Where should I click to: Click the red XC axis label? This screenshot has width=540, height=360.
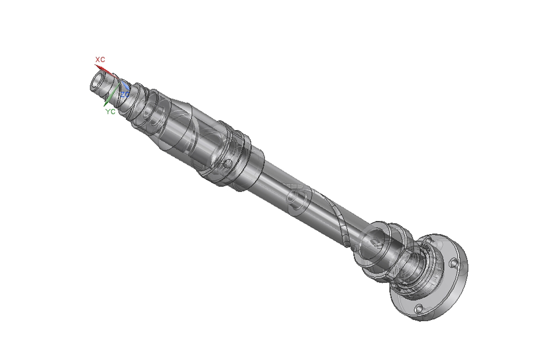coord(100,59)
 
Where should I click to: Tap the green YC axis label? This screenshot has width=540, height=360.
coord(110,112)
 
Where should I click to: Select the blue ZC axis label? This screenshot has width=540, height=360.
coord(125,94)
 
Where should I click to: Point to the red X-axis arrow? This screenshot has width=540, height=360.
coord(106,72)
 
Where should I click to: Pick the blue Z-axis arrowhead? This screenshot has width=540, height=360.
coord(126,85)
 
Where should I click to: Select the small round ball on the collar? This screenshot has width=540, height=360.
coord(227,164)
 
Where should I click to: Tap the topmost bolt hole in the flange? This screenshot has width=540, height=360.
coord(428,240)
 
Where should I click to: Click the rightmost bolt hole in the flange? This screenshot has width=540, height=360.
coord(454,263)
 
